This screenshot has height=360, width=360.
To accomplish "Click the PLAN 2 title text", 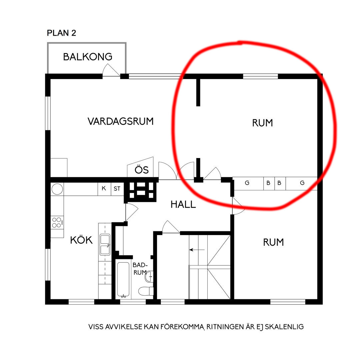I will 62,33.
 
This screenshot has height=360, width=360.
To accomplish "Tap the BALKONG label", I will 88,57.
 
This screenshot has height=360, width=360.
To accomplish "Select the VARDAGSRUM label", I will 121,121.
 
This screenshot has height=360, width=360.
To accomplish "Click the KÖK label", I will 81,240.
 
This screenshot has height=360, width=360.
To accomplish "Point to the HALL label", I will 183,204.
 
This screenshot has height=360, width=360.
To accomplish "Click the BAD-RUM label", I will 140,268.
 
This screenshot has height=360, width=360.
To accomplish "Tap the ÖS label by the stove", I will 141,170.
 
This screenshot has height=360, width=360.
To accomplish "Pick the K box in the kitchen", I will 104,189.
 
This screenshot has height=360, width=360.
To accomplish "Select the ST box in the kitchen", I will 117,189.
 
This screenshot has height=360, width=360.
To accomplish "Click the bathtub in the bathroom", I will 123,280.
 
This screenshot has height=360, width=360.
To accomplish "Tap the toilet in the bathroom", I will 146,291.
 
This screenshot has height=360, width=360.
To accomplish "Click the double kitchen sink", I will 105,245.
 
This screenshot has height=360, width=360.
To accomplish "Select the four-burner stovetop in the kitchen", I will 57,222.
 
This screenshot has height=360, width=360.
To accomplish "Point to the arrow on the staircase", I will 197,249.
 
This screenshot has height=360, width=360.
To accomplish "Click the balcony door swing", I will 111,70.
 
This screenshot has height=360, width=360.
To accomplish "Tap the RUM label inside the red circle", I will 262,123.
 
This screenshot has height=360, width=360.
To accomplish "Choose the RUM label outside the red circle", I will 273,242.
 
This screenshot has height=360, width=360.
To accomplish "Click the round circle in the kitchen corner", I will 57,189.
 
